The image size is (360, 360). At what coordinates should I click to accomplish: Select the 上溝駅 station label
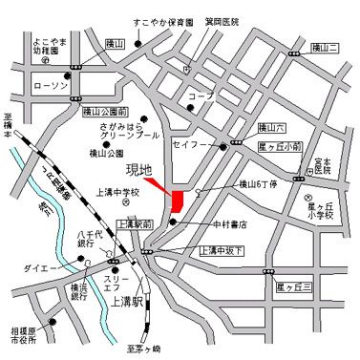coord(127,302)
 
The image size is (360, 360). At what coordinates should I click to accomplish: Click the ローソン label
coord(48,86)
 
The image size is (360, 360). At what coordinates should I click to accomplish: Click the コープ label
coord(200,97)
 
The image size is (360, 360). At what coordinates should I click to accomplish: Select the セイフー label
coord(187,145)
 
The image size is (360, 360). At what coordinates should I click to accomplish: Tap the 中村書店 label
coord(227,225)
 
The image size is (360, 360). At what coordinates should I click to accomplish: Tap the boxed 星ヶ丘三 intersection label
coord(293,286)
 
